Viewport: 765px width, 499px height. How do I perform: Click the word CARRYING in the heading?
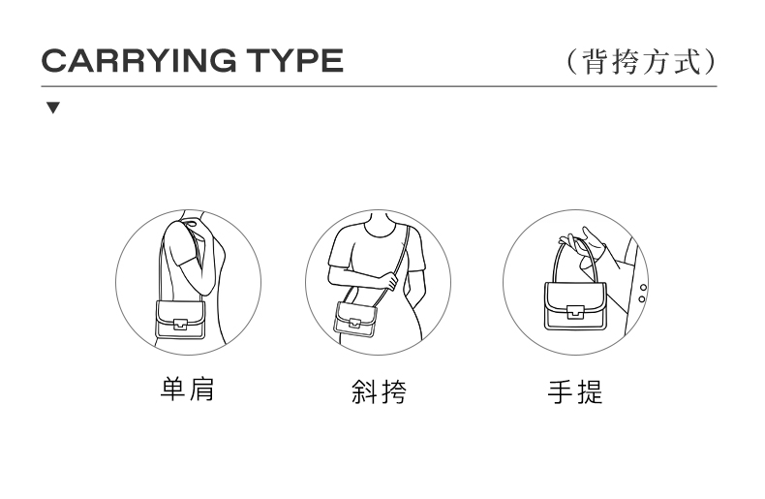point(139,60)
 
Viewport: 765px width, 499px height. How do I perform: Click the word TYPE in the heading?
point(294,60)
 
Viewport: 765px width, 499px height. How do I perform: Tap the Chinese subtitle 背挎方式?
point(642,61)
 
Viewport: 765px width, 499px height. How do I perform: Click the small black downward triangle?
point(53,108)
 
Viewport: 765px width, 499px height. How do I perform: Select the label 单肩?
point(187,390)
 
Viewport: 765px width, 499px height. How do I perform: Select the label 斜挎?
point(379,391)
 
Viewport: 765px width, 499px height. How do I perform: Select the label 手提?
point(575,392)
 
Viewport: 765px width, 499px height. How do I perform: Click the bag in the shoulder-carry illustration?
point(180,319)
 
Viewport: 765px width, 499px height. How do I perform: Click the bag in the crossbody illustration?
point(355,320)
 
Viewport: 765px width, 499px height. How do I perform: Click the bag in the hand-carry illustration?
point(575,306)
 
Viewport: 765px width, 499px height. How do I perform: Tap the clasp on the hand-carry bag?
point(575,311)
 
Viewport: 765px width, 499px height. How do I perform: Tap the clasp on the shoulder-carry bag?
point(180,324)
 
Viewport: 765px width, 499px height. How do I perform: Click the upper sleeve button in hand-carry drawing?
point(643,288)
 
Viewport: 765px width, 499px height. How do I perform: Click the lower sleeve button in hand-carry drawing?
point(642,298)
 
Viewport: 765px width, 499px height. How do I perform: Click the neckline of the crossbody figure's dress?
point(378,230)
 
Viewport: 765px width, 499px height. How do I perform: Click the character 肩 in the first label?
point(201,390)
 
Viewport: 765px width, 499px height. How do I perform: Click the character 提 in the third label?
point(590,392)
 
